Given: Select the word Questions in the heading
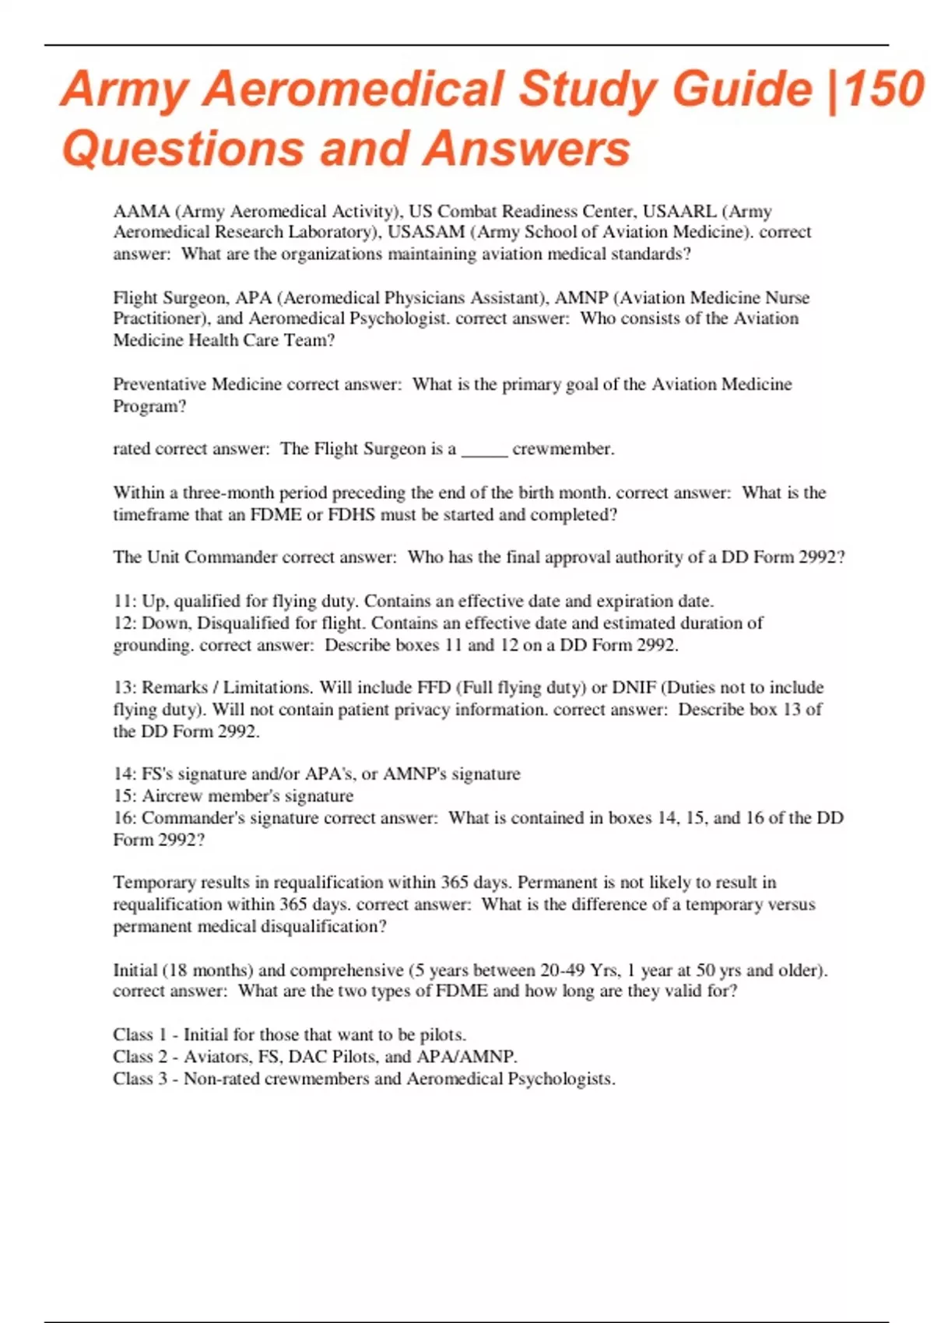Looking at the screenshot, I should [x=184, y=148].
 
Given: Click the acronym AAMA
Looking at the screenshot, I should [x=142, y=211].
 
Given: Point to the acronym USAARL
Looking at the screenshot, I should [x=679, y=211].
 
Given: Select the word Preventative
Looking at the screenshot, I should [x=160, y=384].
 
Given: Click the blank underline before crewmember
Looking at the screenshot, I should [x=484, y=449].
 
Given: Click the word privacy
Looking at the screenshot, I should [x=420, y=709].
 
